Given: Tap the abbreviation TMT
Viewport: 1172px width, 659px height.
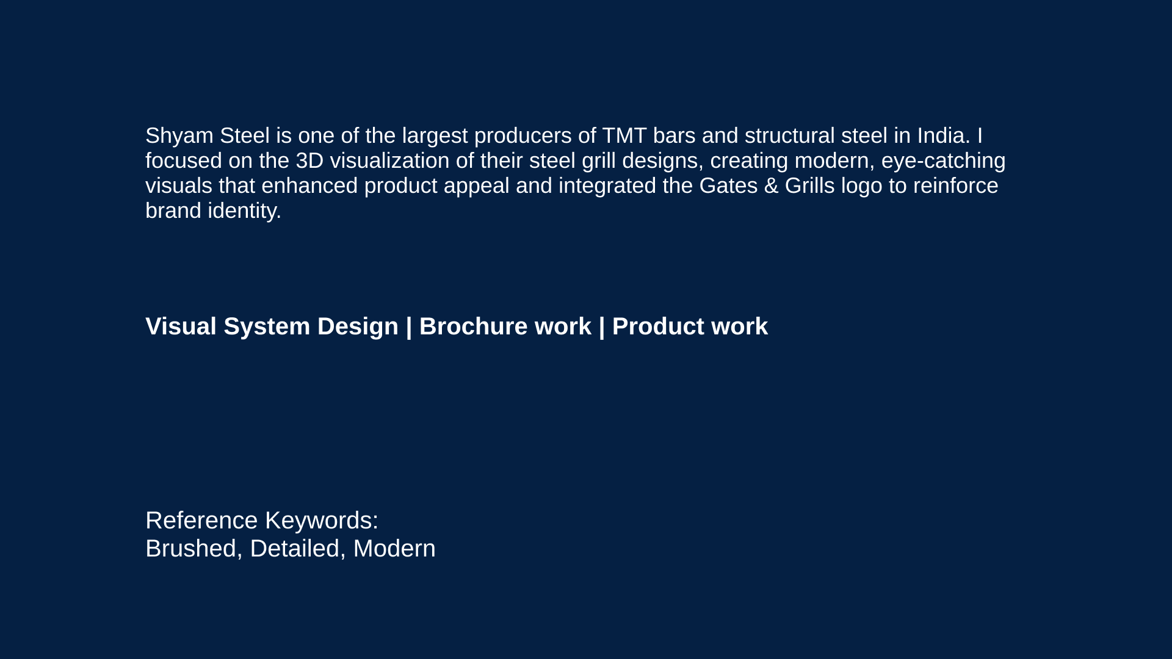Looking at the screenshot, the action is pos(624,135).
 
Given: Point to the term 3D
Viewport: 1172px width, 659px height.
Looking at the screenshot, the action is pos(309,160).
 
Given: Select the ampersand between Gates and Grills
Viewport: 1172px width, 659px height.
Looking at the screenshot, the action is pos(771,185).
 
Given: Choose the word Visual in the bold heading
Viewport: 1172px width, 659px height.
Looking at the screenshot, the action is pos(181,326).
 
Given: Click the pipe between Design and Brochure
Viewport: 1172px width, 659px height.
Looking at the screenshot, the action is pos(409,327).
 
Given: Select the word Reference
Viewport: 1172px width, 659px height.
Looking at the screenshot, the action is pos(201,520).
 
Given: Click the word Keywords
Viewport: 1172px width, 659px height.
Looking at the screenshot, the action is pos(322,520).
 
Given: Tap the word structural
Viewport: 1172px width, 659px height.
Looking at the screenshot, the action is pos(790,135).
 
